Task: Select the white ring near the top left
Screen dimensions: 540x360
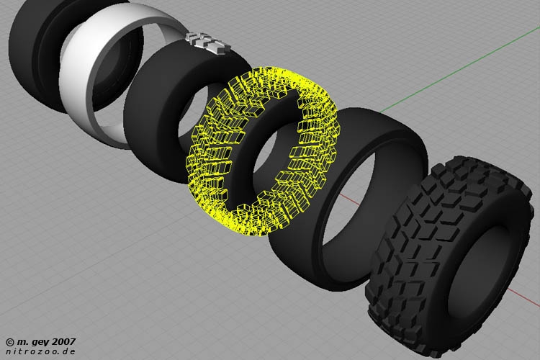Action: coord(74,86)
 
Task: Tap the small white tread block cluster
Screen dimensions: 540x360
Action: coord(207,42)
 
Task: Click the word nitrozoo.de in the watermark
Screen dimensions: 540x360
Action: coord(40,351)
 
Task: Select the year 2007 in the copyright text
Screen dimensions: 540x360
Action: coord(63,342)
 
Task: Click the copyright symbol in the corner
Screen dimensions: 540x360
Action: coord(10,342)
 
